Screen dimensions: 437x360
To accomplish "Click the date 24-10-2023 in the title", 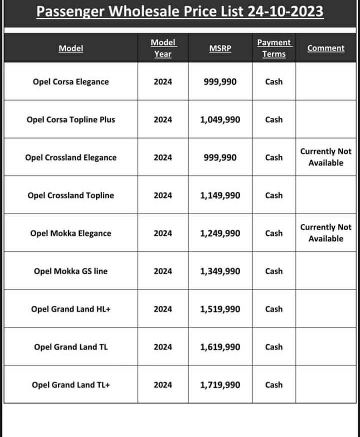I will point(285,10).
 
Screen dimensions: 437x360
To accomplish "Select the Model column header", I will point(71,48).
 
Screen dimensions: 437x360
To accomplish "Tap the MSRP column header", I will point(220,48).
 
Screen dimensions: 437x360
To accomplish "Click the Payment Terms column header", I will point(274,48).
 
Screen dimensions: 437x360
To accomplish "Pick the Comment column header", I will point(326,48).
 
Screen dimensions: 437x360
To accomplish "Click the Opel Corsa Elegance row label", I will point(70,81).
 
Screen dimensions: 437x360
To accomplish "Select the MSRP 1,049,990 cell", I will point(220,119).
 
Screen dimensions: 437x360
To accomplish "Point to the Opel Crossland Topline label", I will point(70,195).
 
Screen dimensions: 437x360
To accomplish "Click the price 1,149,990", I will point(220,195).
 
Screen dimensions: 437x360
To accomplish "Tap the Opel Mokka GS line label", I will point(70,271).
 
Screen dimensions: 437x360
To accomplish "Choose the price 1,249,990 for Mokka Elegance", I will point(220,233).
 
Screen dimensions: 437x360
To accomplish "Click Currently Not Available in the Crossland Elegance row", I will point(326,157).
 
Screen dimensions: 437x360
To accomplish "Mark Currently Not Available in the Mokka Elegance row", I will point(326,233).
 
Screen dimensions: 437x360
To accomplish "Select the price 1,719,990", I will point(220,385).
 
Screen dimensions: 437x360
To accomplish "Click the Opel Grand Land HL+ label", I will point(70,309).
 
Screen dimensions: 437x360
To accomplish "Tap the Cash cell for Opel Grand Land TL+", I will point(274,385).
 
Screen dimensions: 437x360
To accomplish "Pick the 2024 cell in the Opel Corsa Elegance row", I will point(163,81).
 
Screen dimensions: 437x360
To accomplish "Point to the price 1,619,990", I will point(220,347).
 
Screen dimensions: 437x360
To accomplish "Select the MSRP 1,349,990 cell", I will point(220,271).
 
